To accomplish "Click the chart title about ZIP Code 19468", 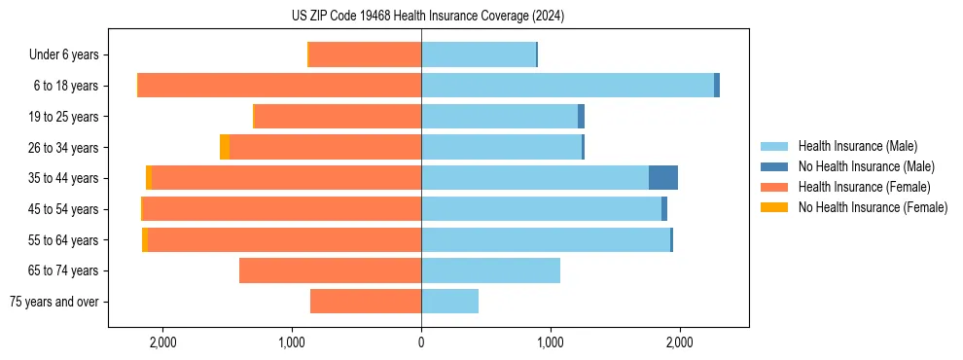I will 428,17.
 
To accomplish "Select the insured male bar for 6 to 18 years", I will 567,86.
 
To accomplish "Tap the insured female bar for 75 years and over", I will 366,302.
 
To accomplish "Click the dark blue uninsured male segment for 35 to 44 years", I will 662,178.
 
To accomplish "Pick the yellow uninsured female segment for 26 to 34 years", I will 225,147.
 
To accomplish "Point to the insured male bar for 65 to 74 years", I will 490,270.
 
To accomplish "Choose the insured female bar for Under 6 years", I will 365,54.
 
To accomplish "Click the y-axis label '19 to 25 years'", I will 63,117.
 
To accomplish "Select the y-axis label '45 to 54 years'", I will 63,209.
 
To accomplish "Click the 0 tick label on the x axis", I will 421,342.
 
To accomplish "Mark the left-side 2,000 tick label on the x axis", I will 162,342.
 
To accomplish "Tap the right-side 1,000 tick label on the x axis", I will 551,342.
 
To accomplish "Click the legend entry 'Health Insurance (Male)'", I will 857,146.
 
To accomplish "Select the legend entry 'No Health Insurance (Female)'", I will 873,207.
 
